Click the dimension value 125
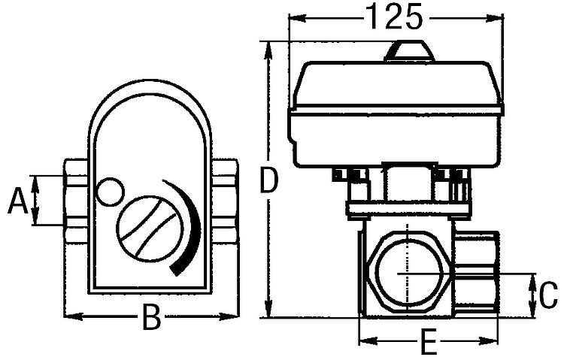[x=394, y=17]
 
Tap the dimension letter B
[x=152, y=319]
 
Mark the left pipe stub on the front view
[x=77, y=201]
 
